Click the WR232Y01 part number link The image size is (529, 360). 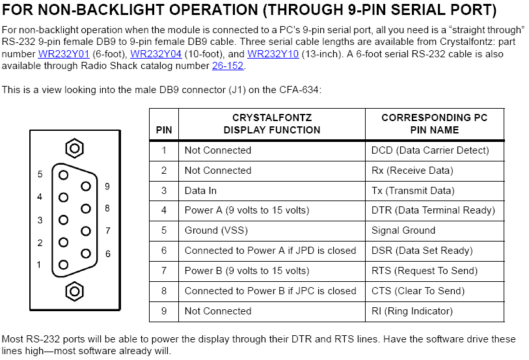coord(64,54)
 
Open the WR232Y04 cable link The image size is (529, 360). coord(156,54)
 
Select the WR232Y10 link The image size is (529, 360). coord(273,54)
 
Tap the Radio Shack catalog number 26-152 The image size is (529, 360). coord(228,66)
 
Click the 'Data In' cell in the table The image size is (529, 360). coord(200,191)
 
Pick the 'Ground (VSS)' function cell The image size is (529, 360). coord(216,230)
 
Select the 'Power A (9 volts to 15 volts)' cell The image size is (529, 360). coord(247,210)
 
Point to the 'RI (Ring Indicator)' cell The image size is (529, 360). coord(412,311)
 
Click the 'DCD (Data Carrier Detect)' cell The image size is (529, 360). coord(430,150)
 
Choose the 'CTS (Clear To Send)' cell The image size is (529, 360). coord(418,291)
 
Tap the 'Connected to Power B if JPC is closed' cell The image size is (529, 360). coord(270,291)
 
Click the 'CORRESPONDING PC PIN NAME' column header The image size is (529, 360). coord(435,124)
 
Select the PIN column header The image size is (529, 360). coord(164,130)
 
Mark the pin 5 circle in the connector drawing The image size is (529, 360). coord(63,174)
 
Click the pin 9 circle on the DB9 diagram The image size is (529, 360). coord(86,186)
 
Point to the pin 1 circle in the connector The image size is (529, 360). coord(63,265)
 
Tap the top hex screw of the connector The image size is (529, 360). coord(75,148)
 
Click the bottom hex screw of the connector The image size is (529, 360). coord(75,292)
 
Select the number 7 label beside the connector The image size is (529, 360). coord(107,231)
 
